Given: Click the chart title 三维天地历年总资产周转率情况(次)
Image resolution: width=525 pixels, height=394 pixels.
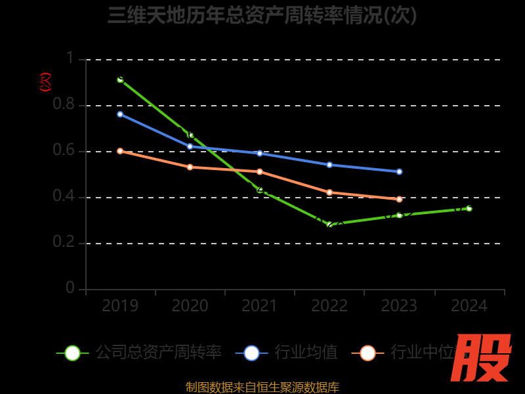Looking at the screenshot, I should (262, 15).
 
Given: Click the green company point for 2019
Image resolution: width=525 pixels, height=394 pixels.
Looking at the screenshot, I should (120, 79).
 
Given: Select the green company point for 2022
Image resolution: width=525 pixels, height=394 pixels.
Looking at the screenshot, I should (329, 225).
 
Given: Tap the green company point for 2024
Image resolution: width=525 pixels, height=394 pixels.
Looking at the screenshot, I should (469, 208).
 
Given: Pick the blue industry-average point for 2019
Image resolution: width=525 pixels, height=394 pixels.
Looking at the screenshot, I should (120, 114).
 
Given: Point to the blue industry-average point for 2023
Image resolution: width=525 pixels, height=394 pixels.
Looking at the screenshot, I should (399, 171).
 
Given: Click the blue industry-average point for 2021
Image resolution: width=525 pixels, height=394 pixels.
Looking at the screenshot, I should (260, 153).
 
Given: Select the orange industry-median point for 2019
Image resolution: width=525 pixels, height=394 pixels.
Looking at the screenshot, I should (120, 151).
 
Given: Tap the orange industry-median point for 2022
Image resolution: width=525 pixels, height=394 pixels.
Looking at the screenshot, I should (329, 192).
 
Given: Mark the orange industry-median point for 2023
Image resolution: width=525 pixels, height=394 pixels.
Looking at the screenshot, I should (399, 199).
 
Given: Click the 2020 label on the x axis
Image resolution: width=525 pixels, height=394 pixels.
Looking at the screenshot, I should (190, 306).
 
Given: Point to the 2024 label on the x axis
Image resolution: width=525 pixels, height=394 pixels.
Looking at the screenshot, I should (469, 306).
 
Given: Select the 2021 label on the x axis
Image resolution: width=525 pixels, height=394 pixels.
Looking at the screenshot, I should (259, 306).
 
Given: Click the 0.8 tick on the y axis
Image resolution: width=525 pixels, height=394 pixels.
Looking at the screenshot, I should (64, 105).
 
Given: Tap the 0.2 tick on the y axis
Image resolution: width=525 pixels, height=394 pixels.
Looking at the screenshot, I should (64, 243).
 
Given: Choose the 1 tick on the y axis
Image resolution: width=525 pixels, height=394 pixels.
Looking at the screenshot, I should (70, 59).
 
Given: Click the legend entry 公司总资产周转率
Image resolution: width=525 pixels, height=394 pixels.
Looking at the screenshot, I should (157, 353).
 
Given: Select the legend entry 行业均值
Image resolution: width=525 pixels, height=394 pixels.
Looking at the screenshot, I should (305, 353).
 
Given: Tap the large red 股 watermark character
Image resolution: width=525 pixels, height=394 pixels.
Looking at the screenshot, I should (482, 358).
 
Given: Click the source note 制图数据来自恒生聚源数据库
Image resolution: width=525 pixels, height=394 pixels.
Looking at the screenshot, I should (262, 387).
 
